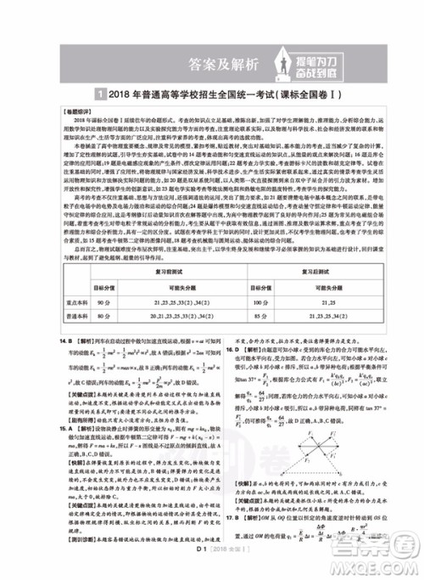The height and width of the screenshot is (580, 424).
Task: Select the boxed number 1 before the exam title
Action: pyautogui.click(x=101, y=95)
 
